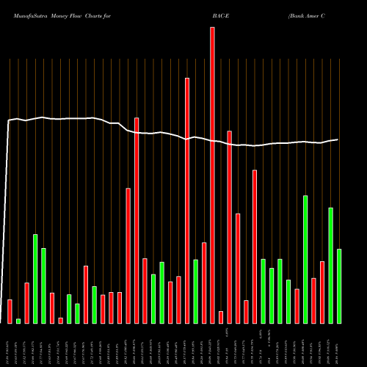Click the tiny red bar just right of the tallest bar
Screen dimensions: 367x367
[x=221, y=317]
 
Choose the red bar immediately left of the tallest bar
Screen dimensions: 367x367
[x=204, y=283]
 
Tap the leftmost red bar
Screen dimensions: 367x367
[x=10, y=311]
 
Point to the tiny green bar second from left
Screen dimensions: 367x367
[x=18, y=321]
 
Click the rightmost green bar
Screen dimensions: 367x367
[x=339, y=286]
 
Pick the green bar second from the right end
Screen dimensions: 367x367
[x=331, y=265]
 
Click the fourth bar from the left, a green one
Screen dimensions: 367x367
[x=35, y=278]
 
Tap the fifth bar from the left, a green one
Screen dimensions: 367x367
[x=43, y=286]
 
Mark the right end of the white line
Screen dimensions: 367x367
[x=338, y=139]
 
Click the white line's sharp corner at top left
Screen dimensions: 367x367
[x=9, y=121]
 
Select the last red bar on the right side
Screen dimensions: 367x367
[x=322, y=292]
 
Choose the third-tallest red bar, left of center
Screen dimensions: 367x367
[x=137, y=220]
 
